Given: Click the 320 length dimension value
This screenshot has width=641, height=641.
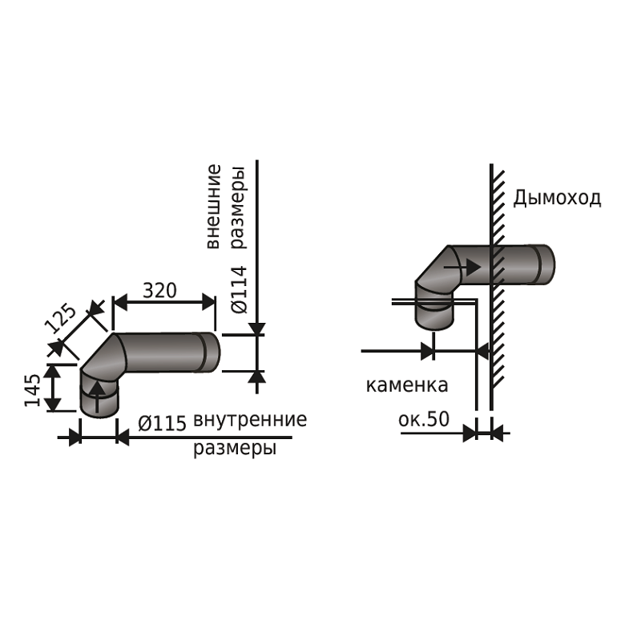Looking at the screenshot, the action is (159, 291).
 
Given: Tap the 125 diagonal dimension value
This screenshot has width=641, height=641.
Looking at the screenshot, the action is (60, 318).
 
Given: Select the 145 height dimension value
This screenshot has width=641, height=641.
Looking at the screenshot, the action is (33, 390).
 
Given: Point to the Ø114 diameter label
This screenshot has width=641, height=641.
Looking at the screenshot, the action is (239, 289).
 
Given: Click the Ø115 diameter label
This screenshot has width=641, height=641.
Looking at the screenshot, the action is (162, 423).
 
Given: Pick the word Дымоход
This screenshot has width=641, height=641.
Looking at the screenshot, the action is (557, 198).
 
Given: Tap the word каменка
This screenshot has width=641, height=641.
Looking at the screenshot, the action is (407, 385).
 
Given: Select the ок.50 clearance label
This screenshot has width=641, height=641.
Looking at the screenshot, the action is (424, 418).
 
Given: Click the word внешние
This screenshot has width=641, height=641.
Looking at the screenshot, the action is (213, 207).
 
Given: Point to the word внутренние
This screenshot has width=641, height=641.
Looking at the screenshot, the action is (250, 420).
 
